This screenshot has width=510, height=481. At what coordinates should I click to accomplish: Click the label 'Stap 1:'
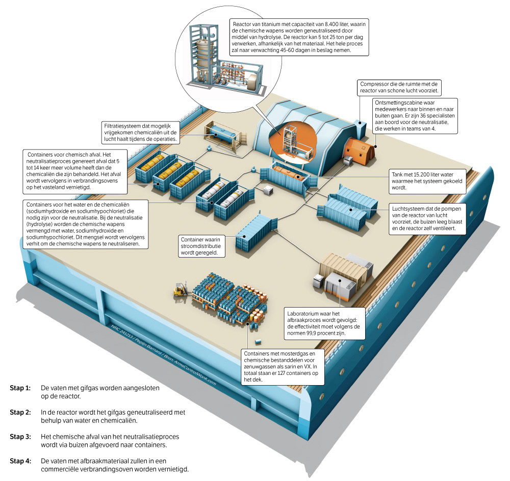point(20,388)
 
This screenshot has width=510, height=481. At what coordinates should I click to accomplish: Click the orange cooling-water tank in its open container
point(288,172)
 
